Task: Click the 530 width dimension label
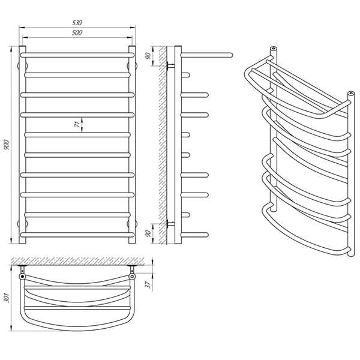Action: point(77,23)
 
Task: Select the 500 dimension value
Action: point(77,32)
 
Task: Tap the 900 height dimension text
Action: point(7,145)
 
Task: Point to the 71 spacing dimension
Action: point(77,124)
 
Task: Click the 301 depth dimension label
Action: point(7,298)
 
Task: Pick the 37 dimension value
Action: point(148,284)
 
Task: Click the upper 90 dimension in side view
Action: point(148,56)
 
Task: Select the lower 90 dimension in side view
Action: point(148,233)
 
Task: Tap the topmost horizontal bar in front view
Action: point(77,55)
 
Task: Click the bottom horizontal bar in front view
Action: point(77,235)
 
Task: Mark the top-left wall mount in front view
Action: point(22,66)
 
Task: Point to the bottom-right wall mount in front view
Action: point(132,224)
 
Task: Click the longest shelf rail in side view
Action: point(206,55)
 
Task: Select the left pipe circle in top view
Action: point(22,276)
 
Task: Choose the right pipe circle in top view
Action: point(132,276)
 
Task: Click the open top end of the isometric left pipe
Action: point(273,49)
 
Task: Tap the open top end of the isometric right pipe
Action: point(351,94)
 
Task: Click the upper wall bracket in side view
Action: point(170,66)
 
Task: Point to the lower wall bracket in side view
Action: point(170,224)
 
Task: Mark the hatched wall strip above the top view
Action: point(77,261)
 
